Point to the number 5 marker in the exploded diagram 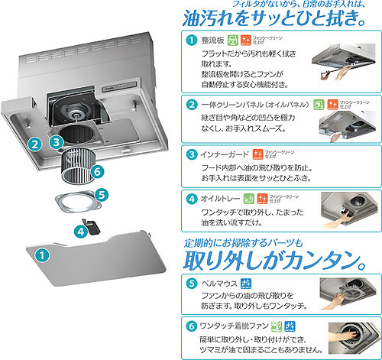(x=102, y=195)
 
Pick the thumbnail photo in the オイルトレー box (x=348, y=210)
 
